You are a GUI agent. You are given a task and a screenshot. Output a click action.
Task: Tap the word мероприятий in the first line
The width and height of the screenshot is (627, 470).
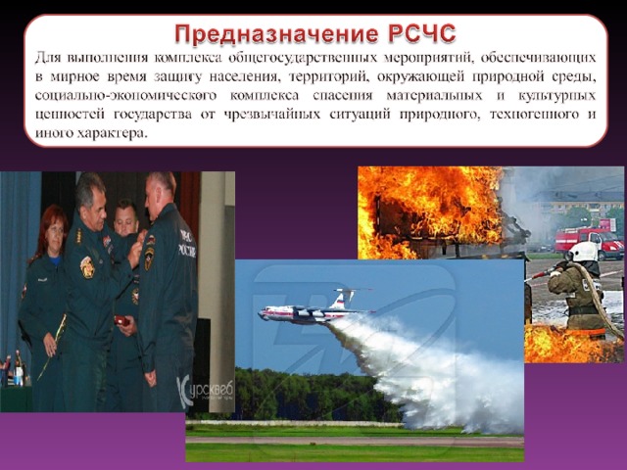pyautogui.click(x=428, y=59)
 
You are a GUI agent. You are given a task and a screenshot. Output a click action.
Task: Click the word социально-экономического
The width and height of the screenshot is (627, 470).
pyautogui.click(x=125, y=96)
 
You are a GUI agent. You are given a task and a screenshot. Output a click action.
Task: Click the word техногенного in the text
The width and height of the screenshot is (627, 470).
pyautogui.click(x=535, y=116)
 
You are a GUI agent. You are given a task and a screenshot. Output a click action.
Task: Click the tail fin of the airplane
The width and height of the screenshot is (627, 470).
pyautogui.click(x=345, y=298)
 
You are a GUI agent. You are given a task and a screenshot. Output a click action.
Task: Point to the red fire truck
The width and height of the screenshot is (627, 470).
pyautogui.click(x=590, y=242)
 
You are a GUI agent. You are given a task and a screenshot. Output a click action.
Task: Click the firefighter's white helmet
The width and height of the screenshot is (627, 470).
pyautogui.click(x=583, y=252)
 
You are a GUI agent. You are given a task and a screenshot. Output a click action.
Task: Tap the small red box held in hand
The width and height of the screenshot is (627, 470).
pyautogui.click(x=121, y=321)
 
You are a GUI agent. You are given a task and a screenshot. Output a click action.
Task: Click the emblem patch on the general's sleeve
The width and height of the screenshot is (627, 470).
pyautogui.click(x=87, y=267)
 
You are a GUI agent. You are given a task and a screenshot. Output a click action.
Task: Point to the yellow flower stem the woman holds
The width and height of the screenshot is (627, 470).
pyautogui.click(x=52, y=347)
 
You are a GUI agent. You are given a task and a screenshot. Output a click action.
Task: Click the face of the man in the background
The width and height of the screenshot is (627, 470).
pyautogui.click(x=125, y=220)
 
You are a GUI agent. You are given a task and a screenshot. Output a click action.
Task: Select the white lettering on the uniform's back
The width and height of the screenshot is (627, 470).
pyautogui.click(x=188, y=245)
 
